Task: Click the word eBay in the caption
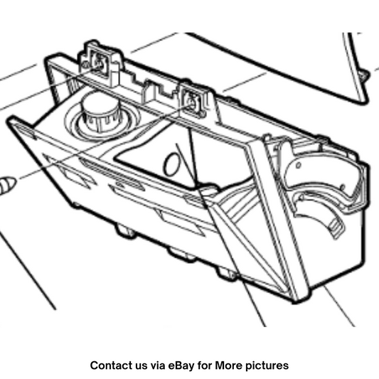pos(181,365)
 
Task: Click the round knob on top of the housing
pos(100,112)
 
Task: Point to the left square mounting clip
pos(99,63)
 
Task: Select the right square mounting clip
pos(192,102)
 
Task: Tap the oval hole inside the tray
pos(171,164)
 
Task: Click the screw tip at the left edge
pos(7,185)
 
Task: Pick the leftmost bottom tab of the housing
pos(126,231)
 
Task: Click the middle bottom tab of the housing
pos(182,255)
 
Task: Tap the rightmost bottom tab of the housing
pos(227,273)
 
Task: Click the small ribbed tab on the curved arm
pos(336,227)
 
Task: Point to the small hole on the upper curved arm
pos(299,166)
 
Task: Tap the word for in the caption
pos(205,365)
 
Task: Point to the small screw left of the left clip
pos(85,64)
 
